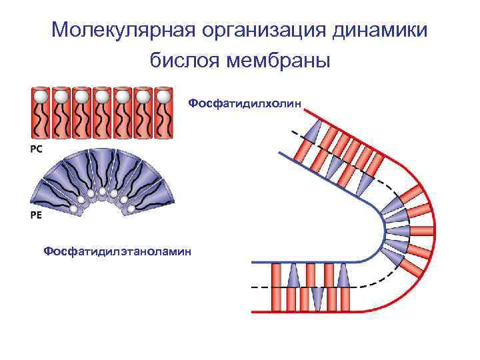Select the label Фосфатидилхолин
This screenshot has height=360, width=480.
[245, 103]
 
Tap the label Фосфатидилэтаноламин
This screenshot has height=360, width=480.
[117, 251]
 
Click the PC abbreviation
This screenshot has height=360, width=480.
[36, 149]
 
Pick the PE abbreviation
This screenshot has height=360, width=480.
[36, 215]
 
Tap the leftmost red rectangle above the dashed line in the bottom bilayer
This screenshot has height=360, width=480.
[277, 275]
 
